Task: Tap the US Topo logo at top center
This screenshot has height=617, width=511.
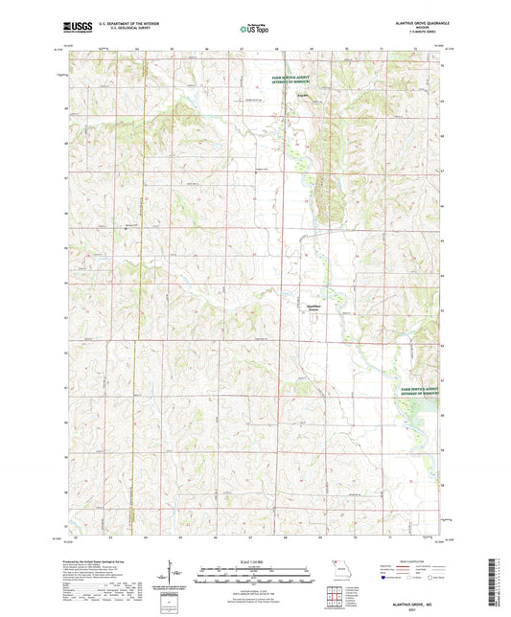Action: tap(254, 30)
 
